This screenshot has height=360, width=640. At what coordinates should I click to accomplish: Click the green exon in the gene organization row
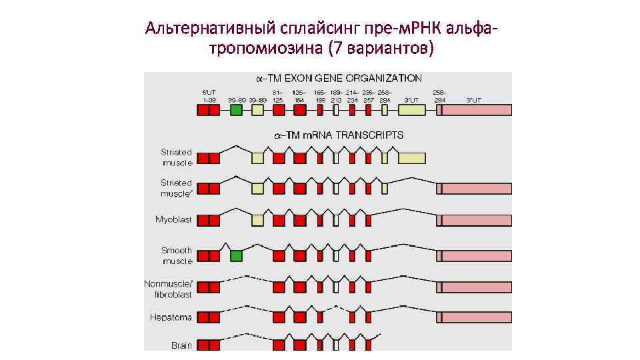[236, 110]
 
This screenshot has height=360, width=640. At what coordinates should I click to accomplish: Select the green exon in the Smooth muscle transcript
[236, 255]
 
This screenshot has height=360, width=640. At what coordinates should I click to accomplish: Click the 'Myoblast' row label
[173, 219]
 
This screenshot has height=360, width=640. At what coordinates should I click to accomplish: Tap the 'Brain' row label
[181, 345]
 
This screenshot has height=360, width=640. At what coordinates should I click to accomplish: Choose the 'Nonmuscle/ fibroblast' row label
[168, 289]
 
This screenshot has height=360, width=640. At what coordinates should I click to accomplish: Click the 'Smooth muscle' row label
[177, 255]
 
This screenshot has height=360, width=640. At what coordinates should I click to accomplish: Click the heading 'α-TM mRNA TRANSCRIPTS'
[339, 135]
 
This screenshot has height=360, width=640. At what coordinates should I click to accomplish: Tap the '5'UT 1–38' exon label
[209, 95]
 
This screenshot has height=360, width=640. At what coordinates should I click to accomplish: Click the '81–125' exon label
[278, 95]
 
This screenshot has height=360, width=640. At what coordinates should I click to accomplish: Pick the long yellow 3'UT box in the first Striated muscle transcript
[411, 158]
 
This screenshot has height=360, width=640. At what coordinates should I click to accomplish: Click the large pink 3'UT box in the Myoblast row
[476, 220]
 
